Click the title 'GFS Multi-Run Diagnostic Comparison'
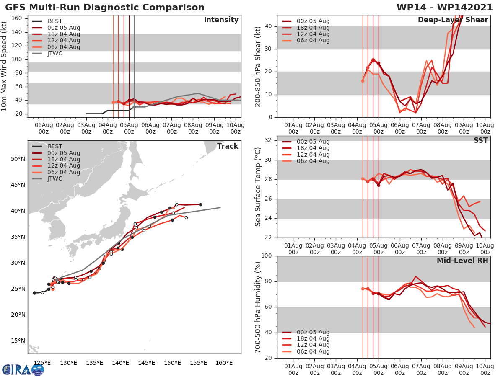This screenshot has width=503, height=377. point(105,8)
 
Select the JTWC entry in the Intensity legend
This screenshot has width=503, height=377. point(55,53)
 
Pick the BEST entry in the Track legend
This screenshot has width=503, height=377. point(55,146)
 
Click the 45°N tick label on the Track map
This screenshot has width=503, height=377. point(18,185)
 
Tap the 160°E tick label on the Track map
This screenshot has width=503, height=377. point(224,363)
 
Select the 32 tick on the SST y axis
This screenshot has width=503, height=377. point(269,140)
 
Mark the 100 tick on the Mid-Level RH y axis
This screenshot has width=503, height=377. point(267,256)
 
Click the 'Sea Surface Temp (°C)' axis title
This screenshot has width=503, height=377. point(258,186)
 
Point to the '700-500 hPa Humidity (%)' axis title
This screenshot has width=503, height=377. point(258,307)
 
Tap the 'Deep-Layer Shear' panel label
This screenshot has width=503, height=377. point(453,20)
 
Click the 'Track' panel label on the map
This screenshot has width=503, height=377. point(227,146)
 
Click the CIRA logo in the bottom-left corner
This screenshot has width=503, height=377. point(23,369)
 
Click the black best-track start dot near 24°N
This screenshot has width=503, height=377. point(34,293)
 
